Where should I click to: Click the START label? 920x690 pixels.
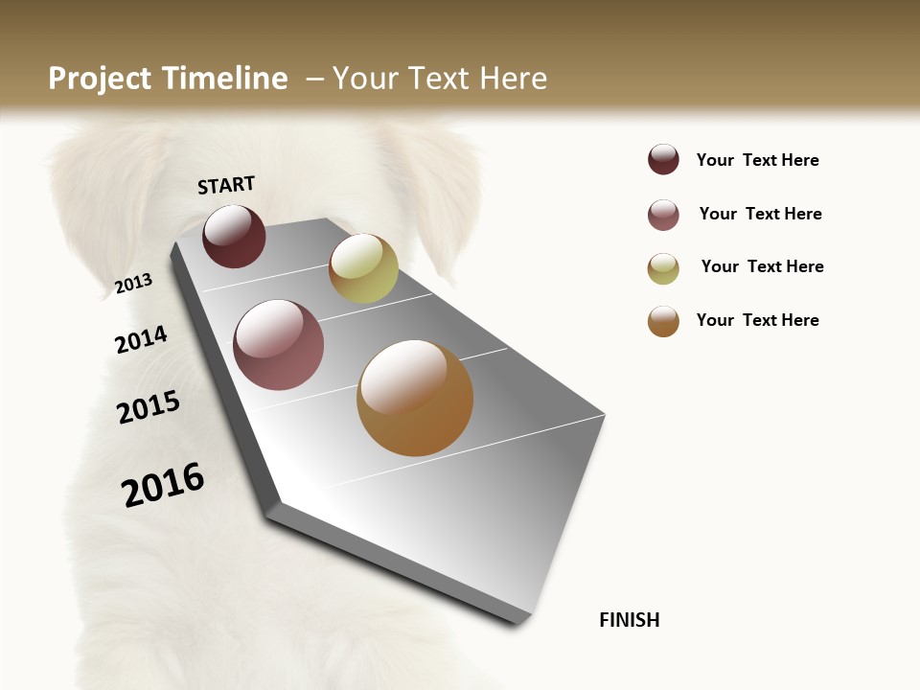point(226,185)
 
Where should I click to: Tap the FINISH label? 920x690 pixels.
point(629,620)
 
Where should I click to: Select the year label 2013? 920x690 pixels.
point(134,283)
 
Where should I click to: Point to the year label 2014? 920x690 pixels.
point(141,339)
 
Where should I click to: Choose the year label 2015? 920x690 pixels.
point(149,407)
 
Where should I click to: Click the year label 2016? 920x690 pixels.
point(163,485)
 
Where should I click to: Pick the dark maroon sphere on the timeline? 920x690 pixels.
point(234,236)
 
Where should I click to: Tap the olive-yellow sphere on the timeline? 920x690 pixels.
point(363,268)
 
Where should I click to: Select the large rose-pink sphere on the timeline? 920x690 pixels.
point(278,345)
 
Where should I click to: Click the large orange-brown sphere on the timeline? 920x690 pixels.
point(415,398)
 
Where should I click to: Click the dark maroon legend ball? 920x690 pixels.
point(663,159)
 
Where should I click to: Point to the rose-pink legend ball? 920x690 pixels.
point(663,215)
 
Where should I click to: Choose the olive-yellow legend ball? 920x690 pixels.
point(663,268)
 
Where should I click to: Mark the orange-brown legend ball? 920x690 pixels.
point(663,321)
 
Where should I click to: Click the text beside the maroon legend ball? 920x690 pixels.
point(757,160)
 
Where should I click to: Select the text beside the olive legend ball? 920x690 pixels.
point(762,266)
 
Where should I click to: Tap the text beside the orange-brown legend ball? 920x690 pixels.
point(757,320)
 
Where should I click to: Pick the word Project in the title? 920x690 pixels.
point(100,79)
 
